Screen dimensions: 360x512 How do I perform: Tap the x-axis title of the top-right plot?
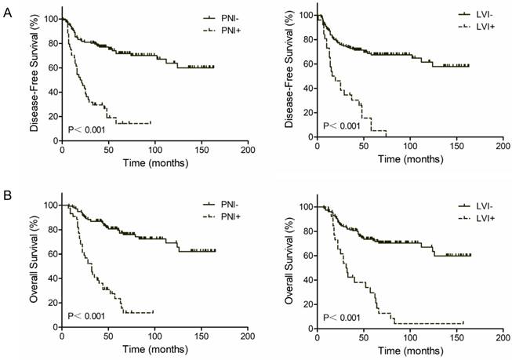(410, 158)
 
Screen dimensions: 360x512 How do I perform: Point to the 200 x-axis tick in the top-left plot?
(247, 148)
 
